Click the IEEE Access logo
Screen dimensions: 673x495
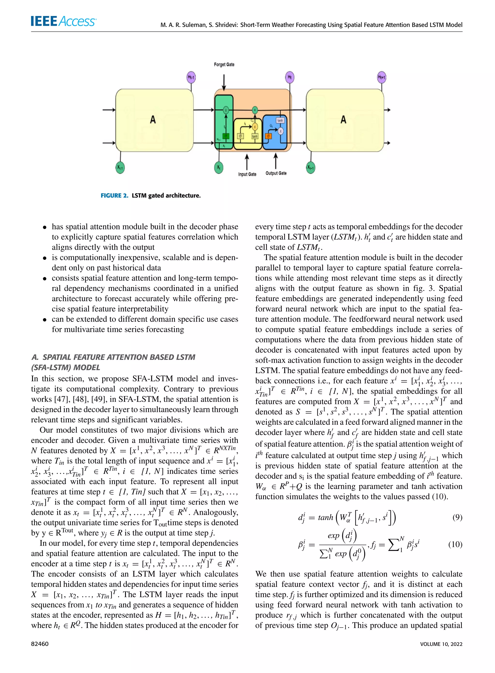[x=63, y=21]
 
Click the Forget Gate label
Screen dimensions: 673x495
[x=224, y=65]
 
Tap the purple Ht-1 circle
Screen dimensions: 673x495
[x=191, y=77]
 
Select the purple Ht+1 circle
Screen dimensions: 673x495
[x=381, y=77]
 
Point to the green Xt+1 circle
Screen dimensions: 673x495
[x=311, y=168]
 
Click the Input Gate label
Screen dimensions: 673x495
[x=247, y=174]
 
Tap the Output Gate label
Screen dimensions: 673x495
[x=276, y=173]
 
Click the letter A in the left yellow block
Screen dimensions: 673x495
[x=153, y=120]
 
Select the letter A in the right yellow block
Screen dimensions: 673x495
[x=343, y=120]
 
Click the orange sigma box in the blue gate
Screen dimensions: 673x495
[x=268, y=136]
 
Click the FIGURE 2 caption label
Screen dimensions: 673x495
[x=114, y=196]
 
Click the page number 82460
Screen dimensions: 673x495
[x=40, y=644]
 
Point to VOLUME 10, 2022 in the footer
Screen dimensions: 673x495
[x=441, y=644]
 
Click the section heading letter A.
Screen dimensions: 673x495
[x=35, y=357]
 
